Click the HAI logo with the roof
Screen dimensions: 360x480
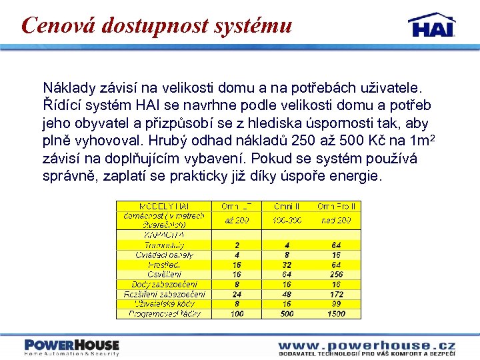tap(431, 25)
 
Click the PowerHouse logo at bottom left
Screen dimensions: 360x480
tap(71, 346)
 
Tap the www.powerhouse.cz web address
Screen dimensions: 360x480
tap(367, 345)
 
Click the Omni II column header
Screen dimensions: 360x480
tap(287, 207)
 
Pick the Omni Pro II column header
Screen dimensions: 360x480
tap(336, 207)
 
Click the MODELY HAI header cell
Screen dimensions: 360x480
tap(164, 207)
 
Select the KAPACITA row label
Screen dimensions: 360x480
tap(164, 235)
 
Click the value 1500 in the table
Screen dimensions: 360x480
tap(336, 313)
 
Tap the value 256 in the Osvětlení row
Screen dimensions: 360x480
tap(336, 274)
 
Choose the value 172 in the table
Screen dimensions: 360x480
tap(336, 294)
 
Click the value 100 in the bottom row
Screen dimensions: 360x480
tap(237, 313)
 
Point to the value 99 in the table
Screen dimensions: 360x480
tap(336, 303)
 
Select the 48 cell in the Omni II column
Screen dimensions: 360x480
tap(287, 294)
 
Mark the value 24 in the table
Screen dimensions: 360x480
tap(237, 294)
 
